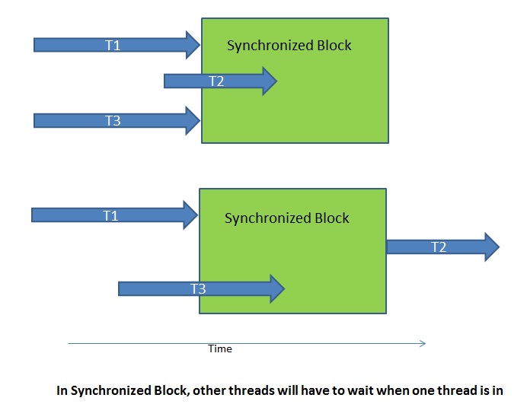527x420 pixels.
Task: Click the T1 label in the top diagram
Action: [113, 45]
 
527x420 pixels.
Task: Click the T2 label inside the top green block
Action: [216, 81]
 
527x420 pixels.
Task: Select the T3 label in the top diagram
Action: [113, 120]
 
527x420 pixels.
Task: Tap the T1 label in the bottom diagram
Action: [110, 216]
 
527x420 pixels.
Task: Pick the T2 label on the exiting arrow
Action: [439, 247]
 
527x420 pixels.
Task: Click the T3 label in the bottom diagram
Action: [198, 289]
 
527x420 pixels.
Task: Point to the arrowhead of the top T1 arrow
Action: [192, 45]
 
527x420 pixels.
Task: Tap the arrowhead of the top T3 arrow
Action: [193, 120]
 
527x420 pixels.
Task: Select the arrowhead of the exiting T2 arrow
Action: [490, 247]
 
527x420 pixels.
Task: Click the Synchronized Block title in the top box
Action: [289, 46]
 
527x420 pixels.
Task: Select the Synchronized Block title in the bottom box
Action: [287, 218]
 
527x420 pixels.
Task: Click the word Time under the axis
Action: [220, 349]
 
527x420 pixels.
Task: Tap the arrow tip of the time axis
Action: [423, 344]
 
